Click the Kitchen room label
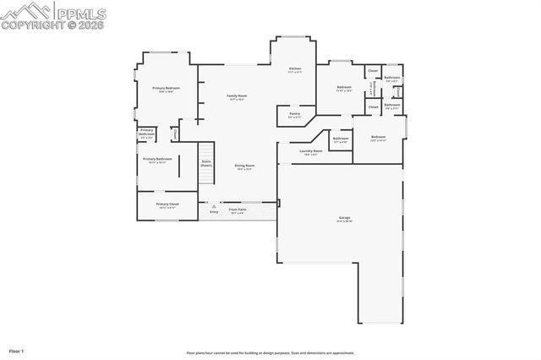pos(295,68)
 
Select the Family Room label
pos(237,96)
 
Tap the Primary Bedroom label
pos(167,89)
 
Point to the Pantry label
pos(294,113)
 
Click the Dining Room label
pos(244,166)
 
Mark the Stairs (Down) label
pos(205,164)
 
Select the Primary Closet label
pos(167,204)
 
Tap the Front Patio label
pos(238,210)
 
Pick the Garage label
pos(344,218)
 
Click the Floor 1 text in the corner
pos(17,350)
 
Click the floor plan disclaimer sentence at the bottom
pos(270,352)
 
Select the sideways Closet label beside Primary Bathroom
pos(174,133)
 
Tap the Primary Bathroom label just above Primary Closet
pos(157,159)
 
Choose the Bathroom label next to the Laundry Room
pos(341,139)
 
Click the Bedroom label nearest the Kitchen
pos(344,87)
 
